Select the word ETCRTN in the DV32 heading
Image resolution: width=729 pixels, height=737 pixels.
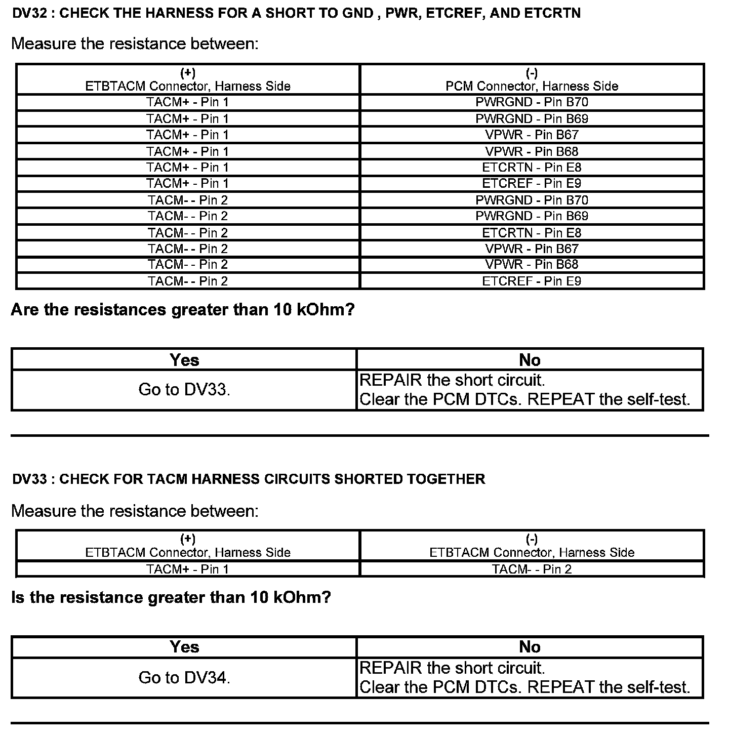point(552,13)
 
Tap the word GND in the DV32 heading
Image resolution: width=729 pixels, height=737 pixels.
point(358,13)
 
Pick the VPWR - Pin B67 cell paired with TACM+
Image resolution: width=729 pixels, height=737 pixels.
point(532,135)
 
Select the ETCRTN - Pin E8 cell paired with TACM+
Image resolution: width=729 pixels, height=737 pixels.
point(532,167)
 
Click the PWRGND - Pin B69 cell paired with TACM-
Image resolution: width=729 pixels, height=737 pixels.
point(532,216)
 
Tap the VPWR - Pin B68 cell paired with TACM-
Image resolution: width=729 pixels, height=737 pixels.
point(532,264)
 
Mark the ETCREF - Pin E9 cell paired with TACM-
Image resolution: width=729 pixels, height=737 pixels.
point(532,281)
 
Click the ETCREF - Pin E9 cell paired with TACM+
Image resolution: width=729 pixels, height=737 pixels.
point(532,183)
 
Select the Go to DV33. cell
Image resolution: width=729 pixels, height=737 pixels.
point(184,390)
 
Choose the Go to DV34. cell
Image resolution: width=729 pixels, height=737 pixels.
point(184,678)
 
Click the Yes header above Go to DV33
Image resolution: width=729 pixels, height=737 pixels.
point(184,360)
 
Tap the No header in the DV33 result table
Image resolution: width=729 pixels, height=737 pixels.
point(530,647)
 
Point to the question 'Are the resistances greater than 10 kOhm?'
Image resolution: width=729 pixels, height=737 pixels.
point(183,309)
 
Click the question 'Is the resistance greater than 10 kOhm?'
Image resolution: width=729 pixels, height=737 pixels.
point(171,597)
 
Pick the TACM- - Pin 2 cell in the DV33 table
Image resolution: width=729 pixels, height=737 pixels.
point(532,569)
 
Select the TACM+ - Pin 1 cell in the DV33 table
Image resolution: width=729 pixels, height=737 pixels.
point(188,569)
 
